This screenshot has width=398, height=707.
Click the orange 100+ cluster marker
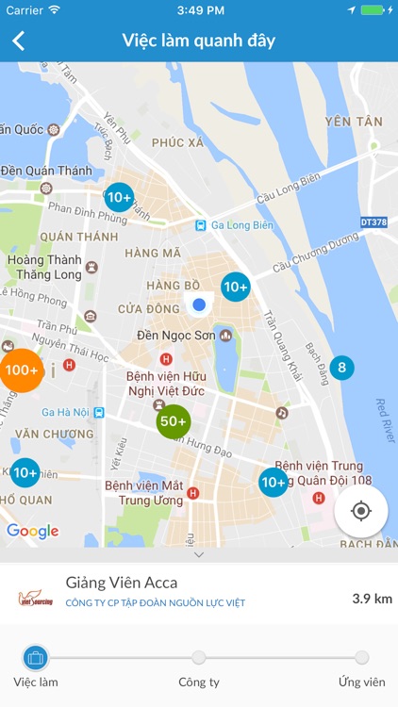21,370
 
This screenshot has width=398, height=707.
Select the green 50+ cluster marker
174,421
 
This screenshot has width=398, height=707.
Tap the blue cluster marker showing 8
341,368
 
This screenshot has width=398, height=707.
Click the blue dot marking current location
198,304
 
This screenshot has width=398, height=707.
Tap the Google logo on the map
33,531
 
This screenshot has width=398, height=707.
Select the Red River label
382,413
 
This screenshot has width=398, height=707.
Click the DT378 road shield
375,222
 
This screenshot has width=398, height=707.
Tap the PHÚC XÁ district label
176,142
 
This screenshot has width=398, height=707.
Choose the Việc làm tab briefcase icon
36,658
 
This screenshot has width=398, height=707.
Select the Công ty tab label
198,682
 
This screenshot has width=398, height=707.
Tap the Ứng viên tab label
361,682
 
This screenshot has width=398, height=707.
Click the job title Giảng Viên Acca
122,583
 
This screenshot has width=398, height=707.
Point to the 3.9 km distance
372,598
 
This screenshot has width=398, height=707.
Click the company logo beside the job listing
36,598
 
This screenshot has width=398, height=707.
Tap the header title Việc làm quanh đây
198,41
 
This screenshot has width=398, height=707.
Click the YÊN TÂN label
354,122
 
